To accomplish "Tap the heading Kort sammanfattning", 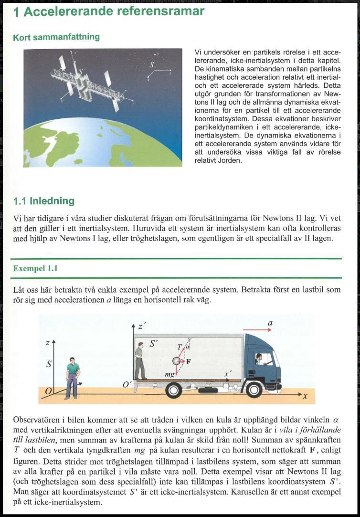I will click(x=56, y=37).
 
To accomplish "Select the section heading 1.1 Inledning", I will click(x=44, y=201).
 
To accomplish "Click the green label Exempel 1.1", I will click(x=35, y=268).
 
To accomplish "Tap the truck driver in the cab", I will click(x=259, y=359).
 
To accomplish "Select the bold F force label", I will click(x=188, y=361).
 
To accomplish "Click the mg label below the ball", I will click(x=169, y=375).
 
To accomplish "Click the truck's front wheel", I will click(x=254, y=390).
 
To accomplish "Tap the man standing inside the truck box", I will click(x=139, y=363).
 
